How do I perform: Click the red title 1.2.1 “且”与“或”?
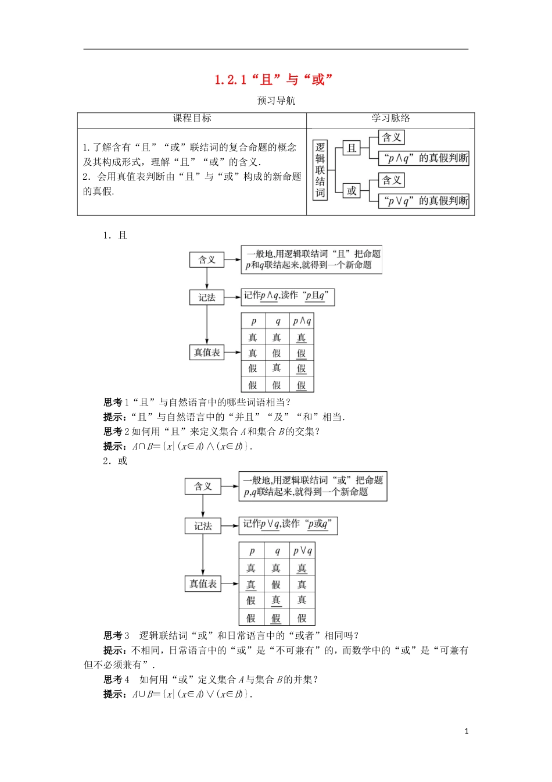click(x=274, y=80)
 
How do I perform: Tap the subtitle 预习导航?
click(x=276, y=101)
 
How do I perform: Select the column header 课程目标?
click(x=192, y=119)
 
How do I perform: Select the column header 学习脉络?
click(x=390, y=119)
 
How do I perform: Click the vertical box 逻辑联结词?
click(x=320, y=170)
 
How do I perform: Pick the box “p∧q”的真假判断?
click(x=424, y=158)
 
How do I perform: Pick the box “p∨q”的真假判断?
click(x=424, y=201)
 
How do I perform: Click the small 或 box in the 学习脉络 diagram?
click(x=352, y=191)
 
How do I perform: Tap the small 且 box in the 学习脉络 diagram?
click(x=352, y=148)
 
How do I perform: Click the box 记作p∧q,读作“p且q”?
click(x=288, y=296)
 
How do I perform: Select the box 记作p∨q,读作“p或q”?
click(x=288, y=525)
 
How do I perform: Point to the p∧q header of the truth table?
click(x=302, y=321)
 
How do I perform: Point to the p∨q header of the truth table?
click(x=302, y=550)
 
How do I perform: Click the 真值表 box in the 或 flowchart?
click(x=203, y=584)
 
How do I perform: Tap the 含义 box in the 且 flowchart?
click(x=207, y=260)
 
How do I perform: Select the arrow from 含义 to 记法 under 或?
click(x=203, y=505)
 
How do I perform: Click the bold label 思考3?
click(x=116, y=635)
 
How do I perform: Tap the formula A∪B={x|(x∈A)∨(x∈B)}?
click(x=192, y=694)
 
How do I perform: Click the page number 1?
click(x=466, y=731)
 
